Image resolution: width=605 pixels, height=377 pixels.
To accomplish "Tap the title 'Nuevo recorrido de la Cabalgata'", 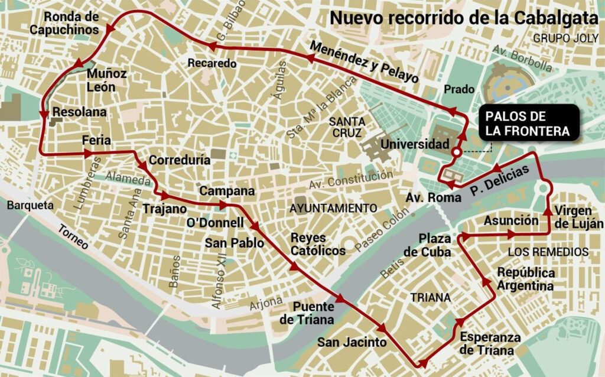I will coord(464,17).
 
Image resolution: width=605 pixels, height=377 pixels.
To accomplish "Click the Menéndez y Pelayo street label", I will coord(363,61).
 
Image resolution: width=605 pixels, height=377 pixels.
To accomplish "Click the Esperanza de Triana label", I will coord(490,343).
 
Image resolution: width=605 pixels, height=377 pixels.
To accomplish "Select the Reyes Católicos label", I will coord(318,243).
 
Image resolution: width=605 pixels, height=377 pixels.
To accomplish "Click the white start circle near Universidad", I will coord(456,152).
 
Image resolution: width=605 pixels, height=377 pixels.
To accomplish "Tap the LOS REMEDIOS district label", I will coord(548,252).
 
